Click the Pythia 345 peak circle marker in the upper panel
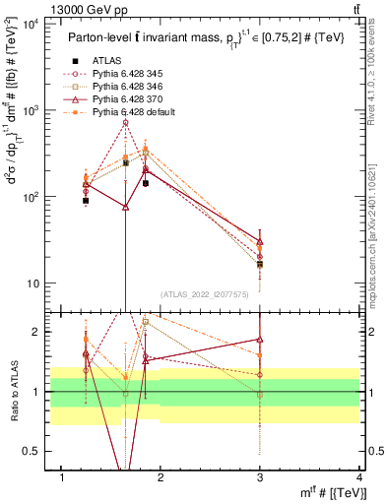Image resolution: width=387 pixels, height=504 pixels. [x=126, y=122]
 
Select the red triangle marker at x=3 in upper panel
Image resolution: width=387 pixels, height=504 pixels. [x=260, y=241]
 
